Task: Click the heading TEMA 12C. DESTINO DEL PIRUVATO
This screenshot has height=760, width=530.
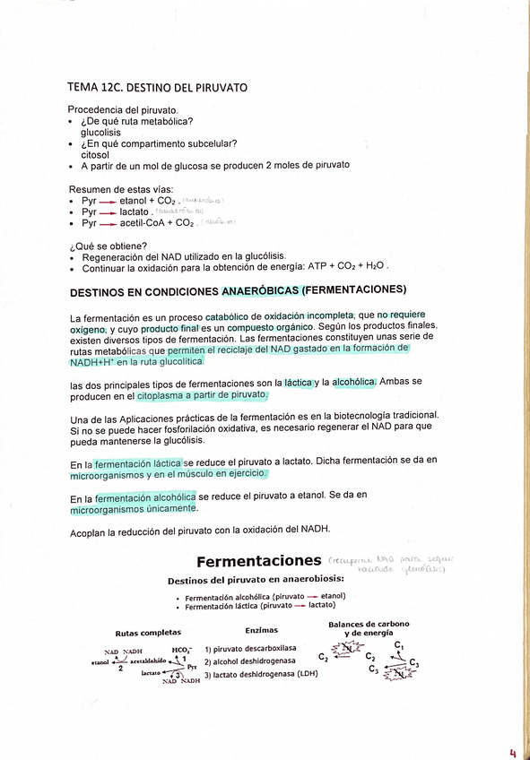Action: pos(157,88)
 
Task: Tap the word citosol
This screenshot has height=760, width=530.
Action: pos(95,155)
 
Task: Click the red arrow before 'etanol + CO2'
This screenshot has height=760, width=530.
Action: pos(108,202)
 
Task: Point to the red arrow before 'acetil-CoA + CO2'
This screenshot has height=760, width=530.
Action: pos(108,223)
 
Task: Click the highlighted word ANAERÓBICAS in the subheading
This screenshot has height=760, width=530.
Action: pos(260,290)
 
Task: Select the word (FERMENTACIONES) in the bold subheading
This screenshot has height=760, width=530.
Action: pos(355,290)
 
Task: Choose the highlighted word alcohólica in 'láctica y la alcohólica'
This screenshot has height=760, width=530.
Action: pos(354,382)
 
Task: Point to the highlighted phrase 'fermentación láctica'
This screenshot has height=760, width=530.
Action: pos(138,464)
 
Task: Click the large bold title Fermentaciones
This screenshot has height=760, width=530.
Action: pos(258,562)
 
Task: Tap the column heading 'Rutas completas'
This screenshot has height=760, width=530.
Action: pos(148,632)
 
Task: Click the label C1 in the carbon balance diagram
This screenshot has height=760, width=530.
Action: pos(399,645)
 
